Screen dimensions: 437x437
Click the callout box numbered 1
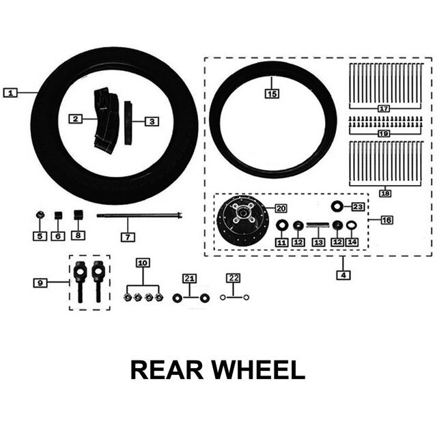tap(10, 92)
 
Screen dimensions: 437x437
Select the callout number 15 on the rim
tap(272, 94)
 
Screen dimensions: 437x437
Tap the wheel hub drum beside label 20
tap(238, 220)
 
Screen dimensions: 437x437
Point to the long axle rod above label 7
tap(141, 216)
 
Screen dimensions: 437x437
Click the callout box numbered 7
tap(128, 237)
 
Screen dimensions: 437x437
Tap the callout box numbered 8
tap(79, 236)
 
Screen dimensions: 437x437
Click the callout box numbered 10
tap(142, 262)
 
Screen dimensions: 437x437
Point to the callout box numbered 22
tap(234, 278)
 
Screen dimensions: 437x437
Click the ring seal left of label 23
tap(337, 206)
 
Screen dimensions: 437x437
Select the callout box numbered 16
tap(386, 220)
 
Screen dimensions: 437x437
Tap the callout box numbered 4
tap(343, 275)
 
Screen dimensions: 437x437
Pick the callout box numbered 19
tap(383, 134)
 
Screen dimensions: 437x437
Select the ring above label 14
tap(351, 225)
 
